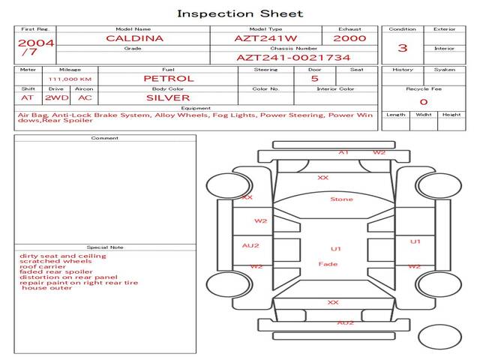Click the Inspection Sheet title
[x=240, y=13]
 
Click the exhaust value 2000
[x=349, y=38]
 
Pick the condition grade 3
[x=403, y=48]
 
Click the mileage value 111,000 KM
[x=70, y=79]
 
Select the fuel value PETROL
[x=168, y=78]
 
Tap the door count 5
[x=314, y=78]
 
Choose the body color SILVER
[x=168, y=97]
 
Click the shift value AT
[x=27, y=97]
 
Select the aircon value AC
[x=85, y=97]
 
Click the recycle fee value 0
[x=423, y=102]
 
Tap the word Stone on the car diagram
[x=341, y=199]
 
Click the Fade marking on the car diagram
[x=328, y=264]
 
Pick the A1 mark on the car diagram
[x=343, y=153]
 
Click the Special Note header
[x=105, y=247]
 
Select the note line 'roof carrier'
[x=43, y=267]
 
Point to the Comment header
[x=105, y=138]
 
